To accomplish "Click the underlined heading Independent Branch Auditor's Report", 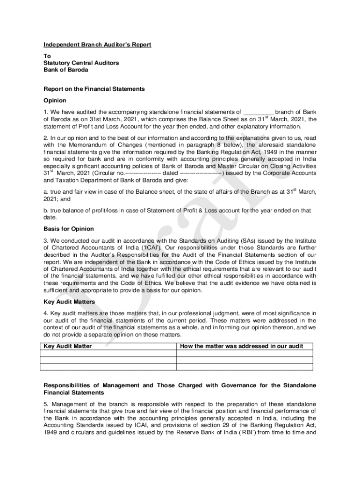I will click(97, 45).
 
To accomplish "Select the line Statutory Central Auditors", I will click(81, 63).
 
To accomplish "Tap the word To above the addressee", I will click(47, 56).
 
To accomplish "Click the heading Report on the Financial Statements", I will click(94, 88).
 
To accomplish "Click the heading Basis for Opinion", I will click(69, 229).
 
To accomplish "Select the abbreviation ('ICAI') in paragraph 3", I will click(150, 247).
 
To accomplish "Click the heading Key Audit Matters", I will click(69, 302).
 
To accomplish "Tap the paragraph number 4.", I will click(46, 313).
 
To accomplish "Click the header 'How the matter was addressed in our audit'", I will click(241, 346).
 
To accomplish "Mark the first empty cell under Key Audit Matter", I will click(108, 354).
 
